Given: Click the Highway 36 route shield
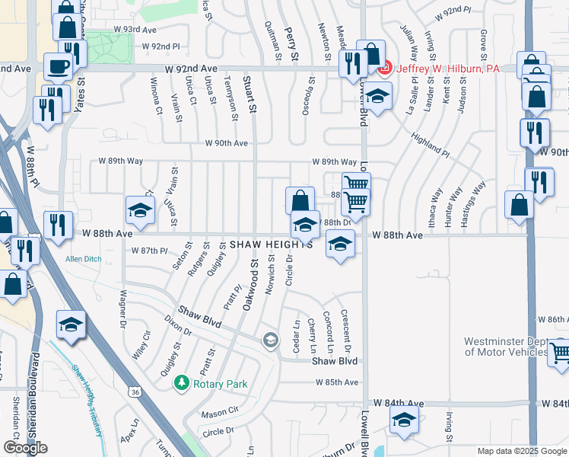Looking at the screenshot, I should [x=135, y=391].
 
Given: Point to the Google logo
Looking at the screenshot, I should [x=25, y=448].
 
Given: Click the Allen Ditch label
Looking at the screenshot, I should [x=83, y=260].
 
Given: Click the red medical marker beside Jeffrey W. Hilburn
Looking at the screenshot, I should [x=384, y=69].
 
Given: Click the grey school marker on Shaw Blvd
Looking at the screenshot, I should [x=270, y=340].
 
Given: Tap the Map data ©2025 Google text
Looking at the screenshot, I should [x=521, y=451].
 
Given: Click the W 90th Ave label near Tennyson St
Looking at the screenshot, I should [x=227, y=143].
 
